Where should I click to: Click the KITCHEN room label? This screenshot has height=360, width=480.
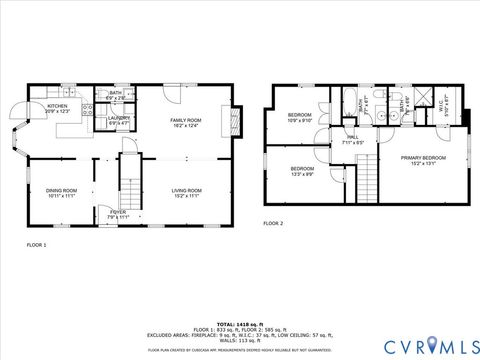pos(57,106)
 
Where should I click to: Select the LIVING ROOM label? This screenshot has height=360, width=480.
pos(186,190)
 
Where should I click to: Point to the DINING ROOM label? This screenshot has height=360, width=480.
pos(60,190)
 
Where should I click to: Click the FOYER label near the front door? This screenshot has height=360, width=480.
pos(118,212)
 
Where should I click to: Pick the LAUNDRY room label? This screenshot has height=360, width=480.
pos(119,118)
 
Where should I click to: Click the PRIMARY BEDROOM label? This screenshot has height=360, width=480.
pos(423,158)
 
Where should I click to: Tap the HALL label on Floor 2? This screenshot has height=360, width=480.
pos(352,137)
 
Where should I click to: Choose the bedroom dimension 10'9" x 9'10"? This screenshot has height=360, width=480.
pos(300,121)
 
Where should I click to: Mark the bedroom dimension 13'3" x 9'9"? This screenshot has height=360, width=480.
pos(302,174)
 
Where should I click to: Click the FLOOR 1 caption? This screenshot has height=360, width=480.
pos(36,244)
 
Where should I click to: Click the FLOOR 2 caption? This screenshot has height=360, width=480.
pos(273,223)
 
